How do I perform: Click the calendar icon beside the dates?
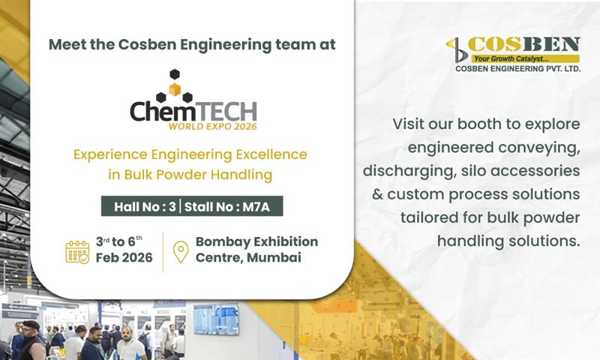point(77,251)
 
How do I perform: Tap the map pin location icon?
point(180,251)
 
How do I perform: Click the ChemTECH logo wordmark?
point(193,111)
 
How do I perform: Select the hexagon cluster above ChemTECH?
point(174,85)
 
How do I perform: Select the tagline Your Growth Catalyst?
point(517,58)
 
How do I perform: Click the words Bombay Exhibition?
point(256,241)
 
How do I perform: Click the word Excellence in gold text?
point(269,154)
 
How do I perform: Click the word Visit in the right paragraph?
point(411,123)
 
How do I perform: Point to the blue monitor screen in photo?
point(216,319)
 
